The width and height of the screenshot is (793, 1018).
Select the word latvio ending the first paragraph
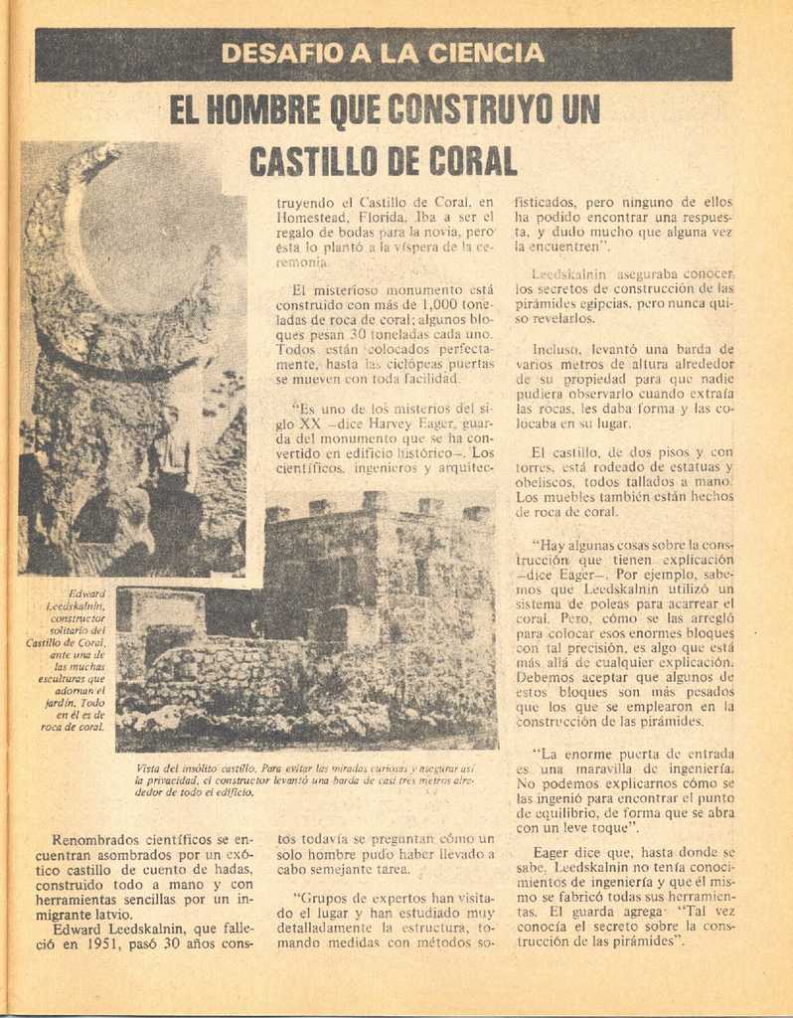click(x=108, y=915)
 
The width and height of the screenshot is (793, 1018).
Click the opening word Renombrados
click(x=97, y=839)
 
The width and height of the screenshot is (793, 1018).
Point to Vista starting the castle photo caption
click(x=150, y=768)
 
